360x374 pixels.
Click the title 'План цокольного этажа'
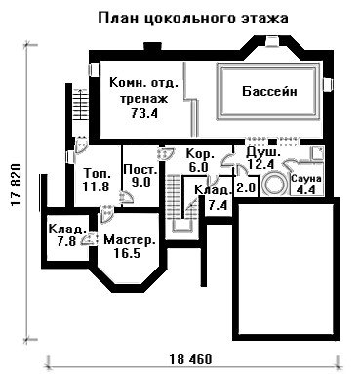(193, 19)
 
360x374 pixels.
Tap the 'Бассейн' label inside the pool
(269, 91)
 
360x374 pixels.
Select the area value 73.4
(144, 113)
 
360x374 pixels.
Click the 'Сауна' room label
(306, 179)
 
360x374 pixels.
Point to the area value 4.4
(306, 189)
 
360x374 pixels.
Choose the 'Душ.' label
(262, 152)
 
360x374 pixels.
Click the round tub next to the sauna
(274, 186)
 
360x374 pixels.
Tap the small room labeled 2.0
(247, 187)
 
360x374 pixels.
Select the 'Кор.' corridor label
(200, 154)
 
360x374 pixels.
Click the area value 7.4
(218, 205)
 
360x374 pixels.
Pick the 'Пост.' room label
(140, 170)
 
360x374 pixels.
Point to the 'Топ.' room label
(95, 173)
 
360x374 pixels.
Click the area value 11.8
(96, 187)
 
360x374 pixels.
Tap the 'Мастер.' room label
(130, 240)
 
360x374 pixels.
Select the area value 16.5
(127, 253)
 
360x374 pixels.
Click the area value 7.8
(66, 241)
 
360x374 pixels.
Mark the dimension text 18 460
(190, 359)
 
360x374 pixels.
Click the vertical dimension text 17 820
(16, 185)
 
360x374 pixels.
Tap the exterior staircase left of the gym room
(79, 104)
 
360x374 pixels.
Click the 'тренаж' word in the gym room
(143, 98)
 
